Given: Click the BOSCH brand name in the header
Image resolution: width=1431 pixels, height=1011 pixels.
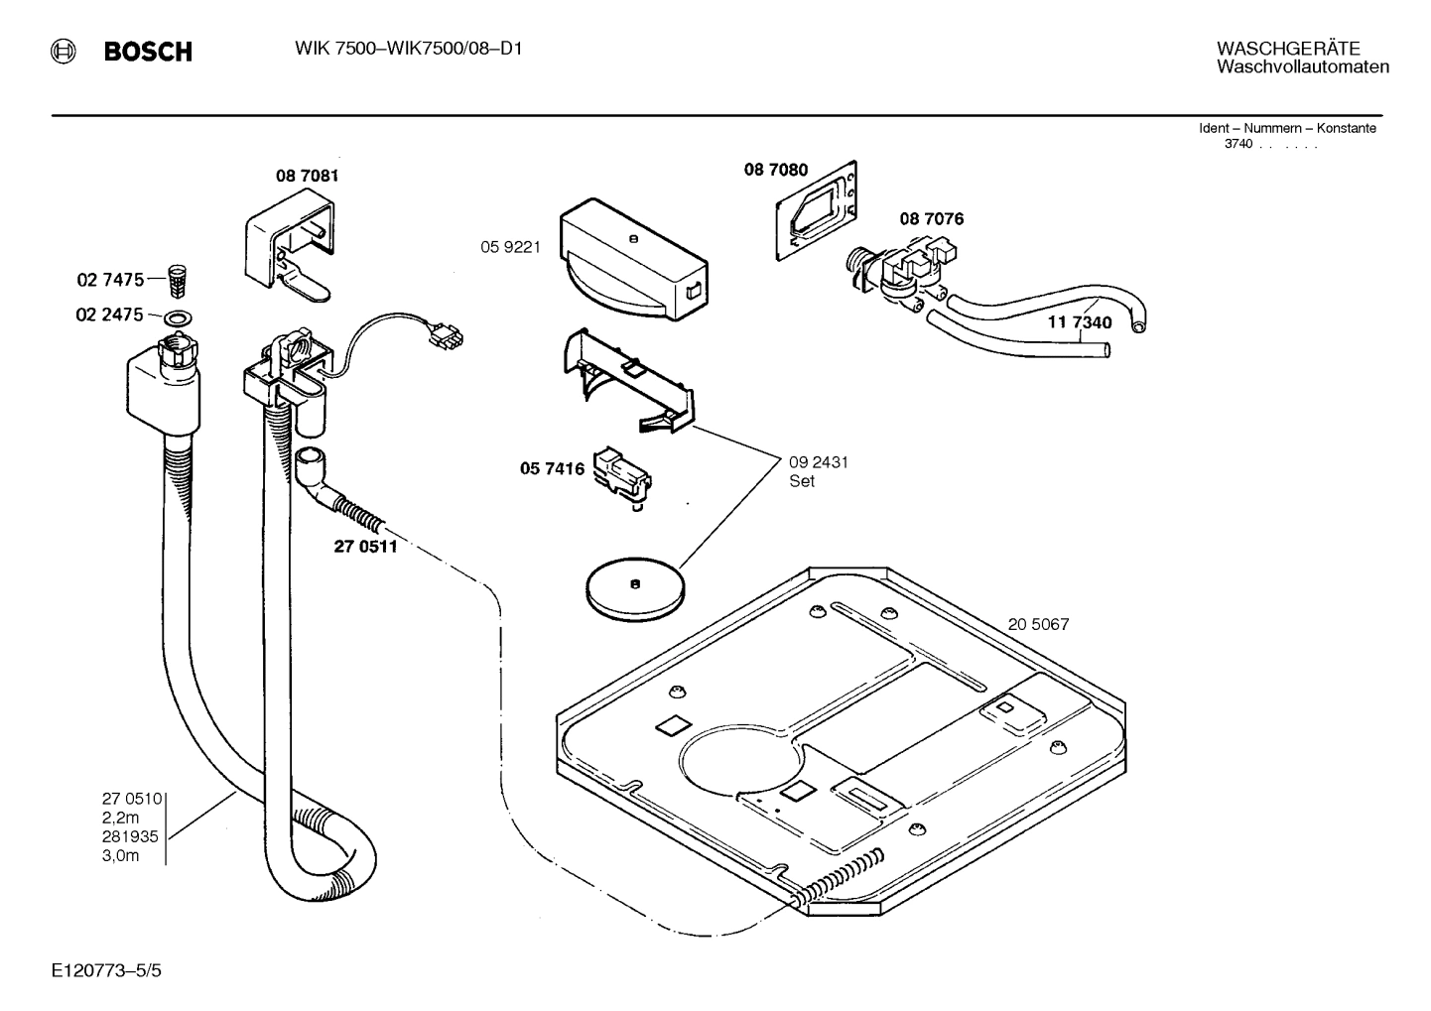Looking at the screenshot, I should [148, 53].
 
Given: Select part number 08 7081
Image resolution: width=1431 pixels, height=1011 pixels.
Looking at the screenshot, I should [307, 176].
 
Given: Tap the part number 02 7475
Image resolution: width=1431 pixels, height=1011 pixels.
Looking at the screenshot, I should [110, 281].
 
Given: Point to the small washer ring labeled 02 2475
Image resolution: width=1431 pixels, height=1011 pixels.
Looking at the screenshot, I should [179, 317].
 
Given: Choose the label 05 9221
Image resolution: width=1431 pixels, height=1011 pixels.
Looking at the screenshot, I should [510, 247].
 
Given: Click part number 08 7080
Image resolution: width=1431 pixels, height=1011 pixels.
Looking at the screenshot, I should [775, 170].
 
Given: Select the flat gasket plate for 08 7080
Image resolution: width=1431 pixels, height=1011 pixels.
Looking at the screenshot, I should [816, 210].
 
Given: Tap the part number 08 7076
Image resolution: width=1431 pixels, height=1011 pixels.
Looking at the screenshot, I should [931, 218].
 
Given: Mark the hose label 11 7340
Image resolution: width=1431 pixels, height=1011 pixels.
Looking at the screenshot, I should [1080, 322].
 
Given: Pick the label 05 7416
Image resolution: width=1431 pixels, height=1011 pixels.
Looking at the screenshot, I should [552, 468].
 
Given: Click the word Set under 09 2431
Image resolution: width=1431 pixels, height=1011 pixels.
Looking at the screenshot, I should [802, 481].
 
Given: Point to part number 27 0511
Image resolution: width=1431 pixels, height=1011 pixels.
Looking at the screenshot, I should [365, 546].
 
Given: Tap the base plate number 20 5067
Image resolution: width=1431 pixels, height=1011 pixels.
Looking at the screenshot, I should [1038, 625].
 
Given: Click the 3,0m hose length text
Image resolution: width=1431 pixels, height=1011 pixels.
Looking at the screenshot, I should [120, 855].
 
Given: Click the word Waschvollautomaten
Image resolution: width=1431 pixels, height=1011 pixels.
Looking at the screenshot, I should [1302, 67].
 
